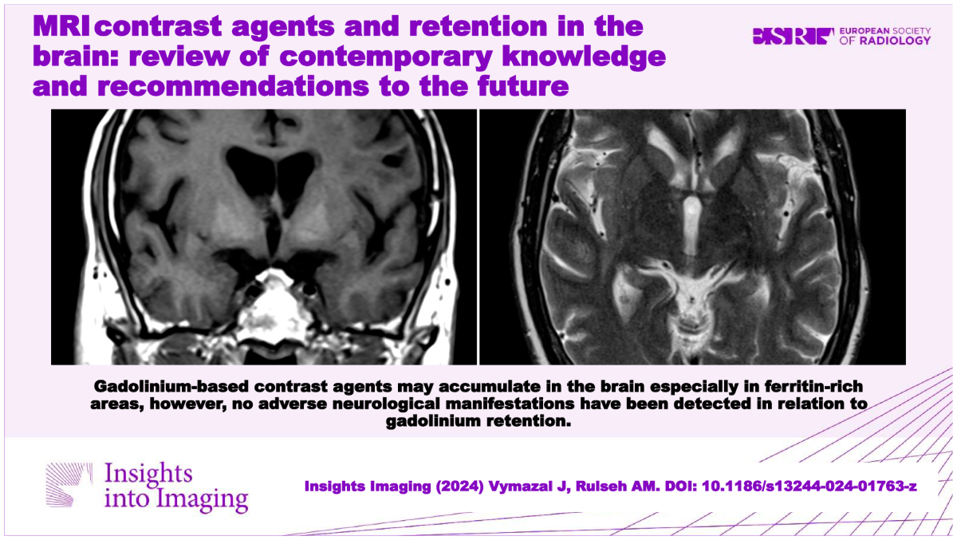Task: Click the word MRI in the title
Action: tap(61, 26)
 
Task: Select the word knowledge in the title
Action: tap(584, 57)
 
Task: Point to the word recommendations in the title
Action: tap(233, 86)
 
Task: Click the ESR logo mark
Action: tap(793, 37)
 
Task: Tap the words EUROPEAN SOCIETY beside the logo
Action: tap(884, 31)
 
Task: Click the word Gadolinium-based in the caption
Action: tap(171, 386)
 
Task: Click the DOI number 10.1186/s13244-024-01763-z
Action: tap(809, 487)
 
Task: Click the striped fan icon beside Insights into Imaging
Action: tap(69, 484)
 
